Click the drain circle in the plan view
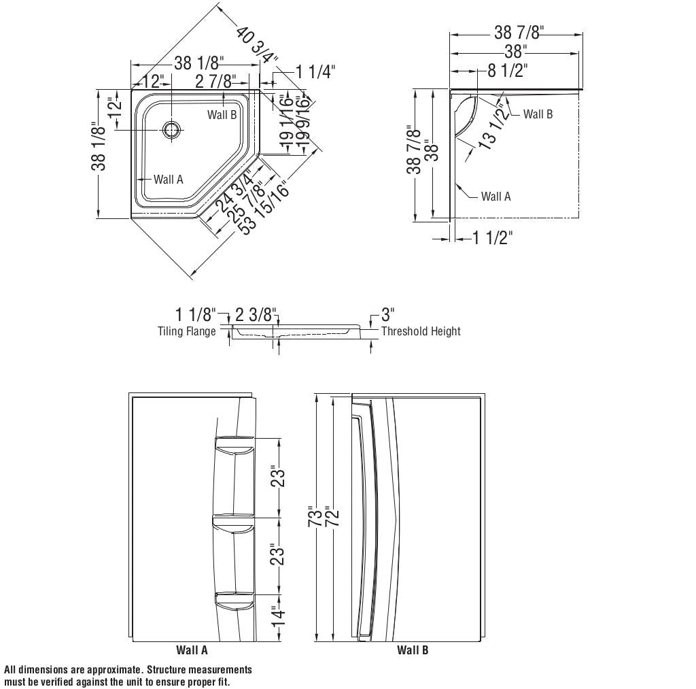coord(172,129)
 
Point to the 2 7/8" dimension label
coord(216,82)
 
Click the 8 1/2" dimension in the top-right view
coord(507,70)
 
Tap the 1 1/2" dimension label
coord(492,237)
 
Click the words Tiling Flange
coord(187,331)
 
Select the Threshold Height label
coord(421,331)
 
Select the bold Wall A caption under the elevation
coord(192,650)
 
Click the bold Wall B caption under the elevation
coord(413,650)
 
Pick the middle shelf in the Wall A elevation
coord(233,521)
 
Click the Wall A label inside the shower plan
coord(168,180)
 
